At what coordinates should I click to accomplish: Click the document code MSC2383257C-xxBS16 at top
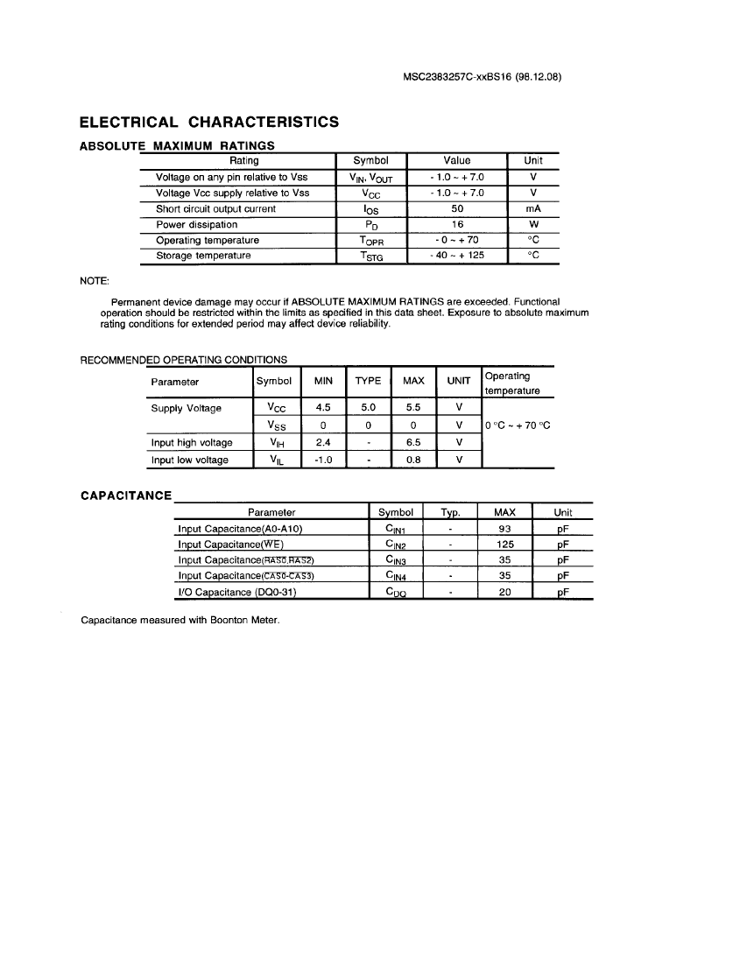[482, 76]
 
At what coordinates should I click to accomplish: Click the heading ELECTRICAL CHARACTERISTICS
[209, 122]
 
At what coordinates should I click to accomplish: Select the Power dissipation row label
[184, 224]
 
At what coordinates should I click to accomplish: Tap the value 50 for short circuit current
[457, 208]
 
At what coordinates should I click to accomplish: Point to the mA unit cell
[533, 208]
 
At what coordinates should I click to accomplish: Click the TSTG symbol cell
[371, 257]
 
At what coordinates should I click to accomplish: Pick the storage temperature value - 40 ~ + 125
[457, 256]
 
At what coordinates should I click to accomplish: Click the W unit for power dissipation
[533, 224]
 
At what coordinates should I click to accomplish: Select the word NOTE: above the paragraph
[95, 280]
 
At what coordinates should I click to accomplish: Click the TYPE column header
[368, 381]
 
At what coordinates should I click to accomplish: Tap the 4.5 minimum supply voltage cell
[322, 407]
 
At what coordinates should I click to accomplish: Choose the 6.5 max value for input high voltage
[413, 442]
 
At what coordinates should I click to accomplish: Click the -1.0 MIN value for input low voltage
[322, 460]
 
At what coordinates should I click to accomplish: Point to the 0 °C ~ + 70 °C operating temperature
[518, 425]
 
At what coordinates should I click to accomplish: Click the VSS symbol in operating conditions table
[275, 425]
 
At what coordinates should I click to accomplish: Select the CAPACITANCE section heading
[126, 496]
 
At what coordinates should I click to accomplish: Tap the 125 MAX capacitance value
[504, 545]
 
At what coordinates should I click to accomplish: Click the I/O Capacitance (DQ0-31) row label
[237, 592]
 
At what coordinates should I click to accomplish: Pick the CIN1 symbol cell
[395, 529]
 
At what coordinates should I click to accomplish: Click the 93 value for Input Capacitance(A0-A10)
[504, 529]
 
